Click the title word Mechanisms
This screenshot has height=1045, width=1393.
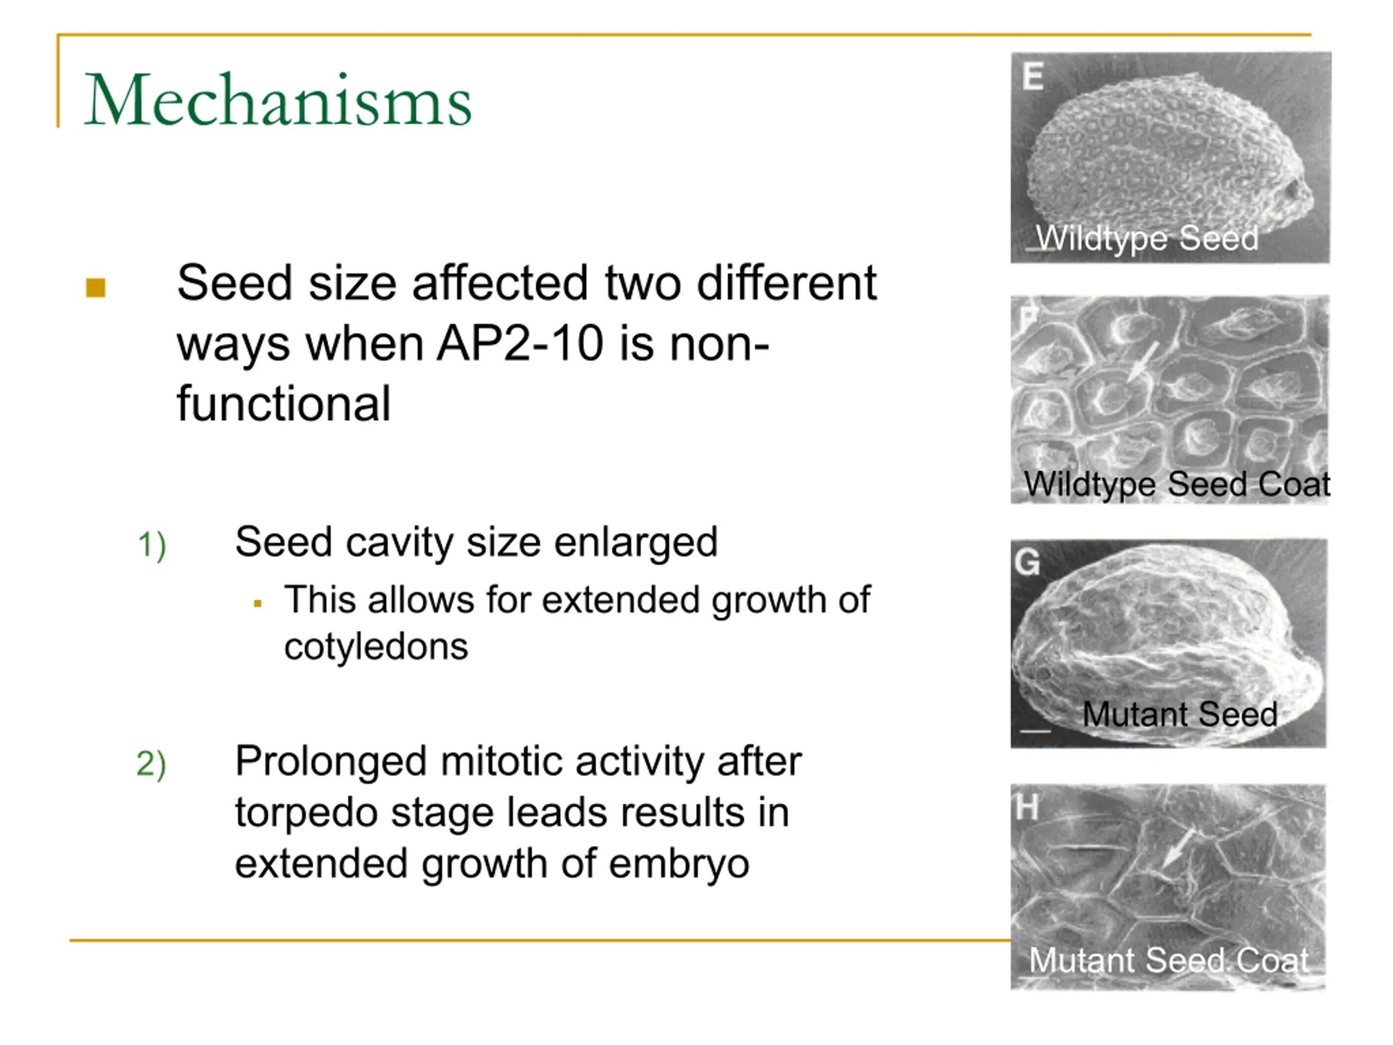click(x=278, y=100)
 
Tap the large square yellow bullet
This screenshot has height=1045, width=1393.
click(x=96, y=288)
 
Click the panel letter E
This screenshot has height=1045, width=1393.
click(x=1033, y=76)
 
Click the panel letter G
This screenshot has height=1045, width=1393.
click(x=1028, y=561)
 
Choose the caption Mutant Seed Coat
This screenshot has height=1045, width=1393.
click(x=1169, y=960)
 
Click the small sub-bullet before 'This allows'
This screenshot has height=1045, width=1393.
click(x=257, y=604)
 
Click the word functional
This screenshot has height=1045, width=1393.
click(x=284, y=403)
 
